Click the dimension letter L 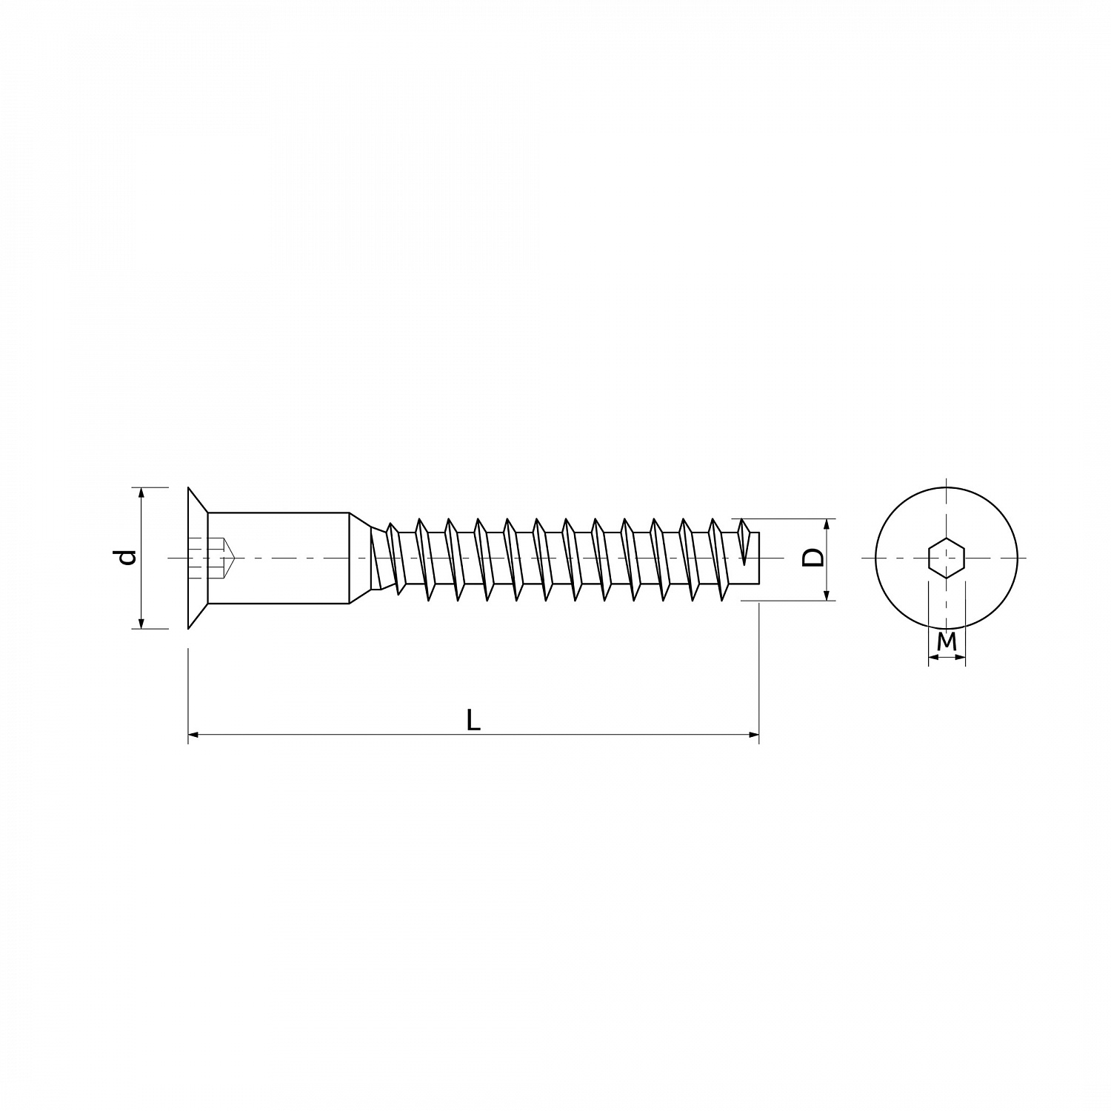tap(473, 720)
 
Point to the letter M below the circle tap(947, 642)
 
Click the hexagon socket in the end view tap(947, 557)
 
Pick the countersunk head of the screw tap(197, 558)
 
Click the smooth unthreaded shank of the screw tap(278, 558)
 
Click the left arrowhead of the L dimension tap(193, 735)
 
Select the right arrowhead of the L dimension tap(754, 735)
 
